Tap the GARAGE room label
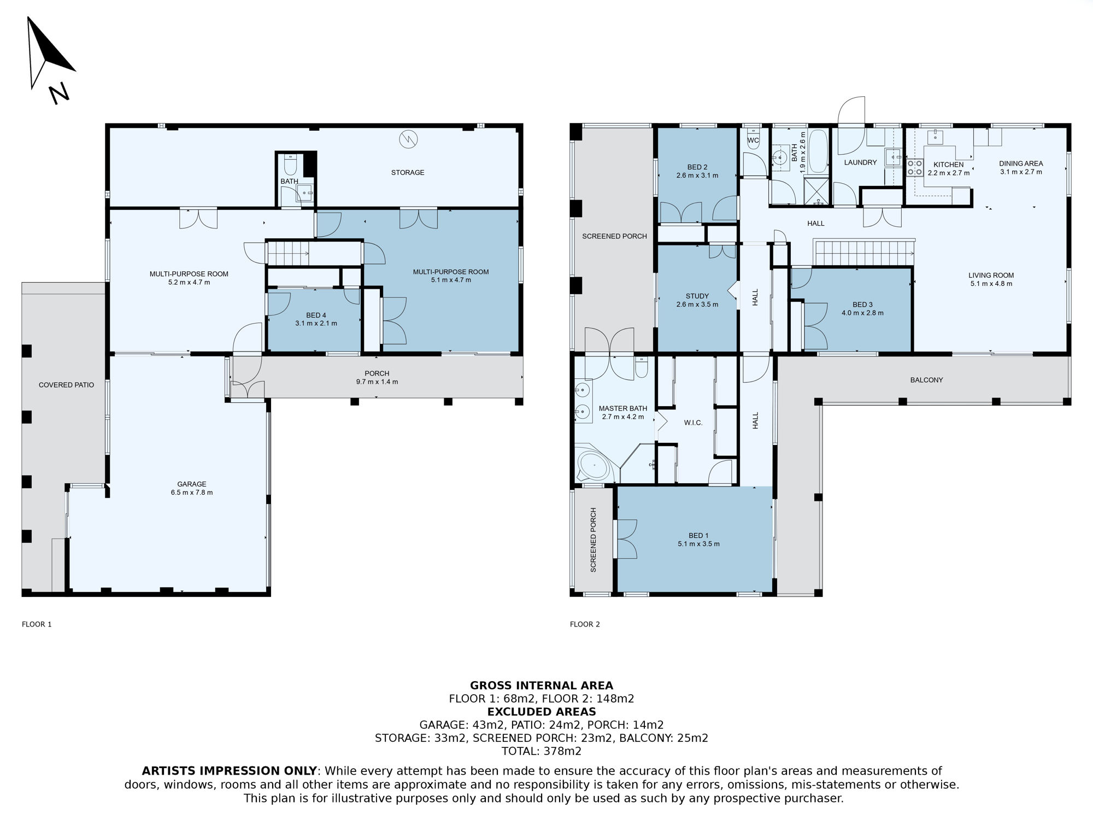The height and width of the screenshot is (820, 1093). pyautogui.click(x=192, y=484)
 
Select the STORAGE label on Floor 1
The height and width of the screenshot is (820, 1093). pyautogui.click(x=408, y=173)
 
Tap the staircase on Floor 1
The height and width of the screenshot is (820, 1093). pyautogui.click(x=287, y=253)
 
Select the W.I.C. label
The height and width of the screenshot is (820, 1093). pyautogui.click(x=693, y=423)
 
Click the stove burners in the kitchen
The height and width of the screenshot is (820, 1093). pyautogui.click(x=915, y=167)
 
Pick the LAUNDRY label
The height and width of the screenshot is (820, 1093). pyautogui.click(x=860, y=162)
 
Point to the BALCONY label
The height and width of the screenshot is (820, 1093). pyautogui.click(x=926, y=380)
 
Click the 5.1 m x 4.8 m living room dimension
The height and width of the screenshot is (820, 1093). pyautogui.click(x=991, y=284)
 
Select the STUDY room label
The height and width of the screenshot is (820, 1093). pyautogui.click(x=697, y=296)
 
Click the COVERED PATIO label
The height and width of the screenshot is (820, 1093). pyautogui.click(x=66, y=385)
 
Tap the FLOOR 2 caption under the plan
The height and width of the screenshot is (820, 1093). pyautogui.click(x=585, y=624)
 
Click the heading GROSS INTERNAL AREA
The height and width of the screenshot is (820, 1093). pyautogui.click(x=542, y=686)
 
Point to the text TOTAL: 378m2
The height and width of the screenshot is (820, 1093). pyautogui.click(x=542, y=751)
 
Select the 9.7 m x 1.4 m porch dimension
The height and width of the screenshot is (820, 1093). pyautogui.click(x=377, y=382)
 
